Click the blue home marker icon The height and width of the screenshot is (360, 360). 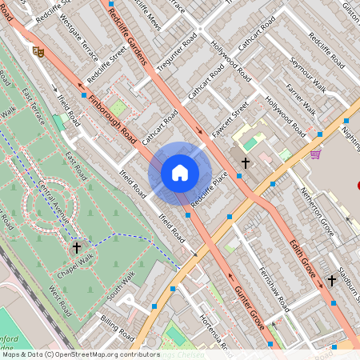(180, 173)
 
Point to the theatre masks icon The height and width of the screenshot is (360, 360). (38, 50)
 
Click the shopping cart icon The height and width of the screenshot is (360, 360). (316, 154)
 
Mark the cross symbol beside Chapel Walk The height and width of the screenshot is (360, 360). (77, 248)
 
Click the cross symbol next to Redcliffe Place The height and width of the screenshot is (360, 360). (246, 162)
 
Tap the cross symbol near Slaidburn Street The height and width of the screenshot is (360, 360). (332, 280)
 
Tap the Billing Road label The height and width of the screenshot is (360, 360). (118, 329)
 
